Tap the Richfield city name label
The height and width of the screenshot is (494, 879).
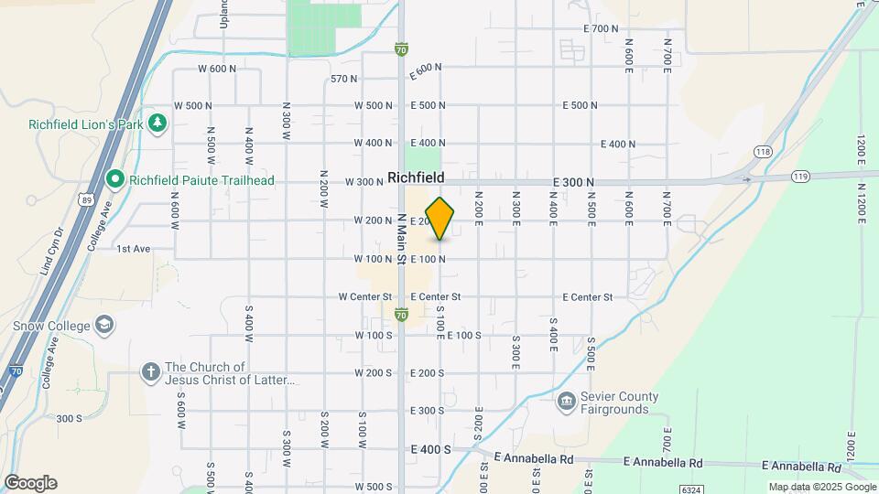click(x=416, y=177)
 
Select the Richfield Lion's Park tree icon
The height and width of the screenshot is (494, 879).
click(x=157, y=123)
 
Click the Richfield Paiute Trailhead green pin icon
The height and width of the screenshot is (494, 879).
click(x=115, y=179)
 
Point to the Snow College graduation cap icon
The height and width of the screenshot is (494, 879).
click(x=105, y=326)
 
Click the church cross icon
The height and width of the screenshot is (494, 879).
click(x=150, y=372)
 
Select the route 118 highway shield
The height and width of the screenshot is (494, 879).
click(x=764, y=151)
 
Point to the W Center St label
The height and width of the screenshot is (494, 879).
click(x=364, y=297)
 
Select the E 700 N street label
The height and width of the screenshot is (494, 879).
click(x=602, y=29)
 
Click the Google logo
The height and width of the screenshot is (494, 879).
click(x=30, y=483)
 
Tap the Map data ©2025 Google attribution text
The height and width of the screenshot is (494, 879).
click(x=821, y=487)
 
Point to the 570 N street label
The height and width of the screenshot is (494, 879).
click(x=344, y=79)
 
